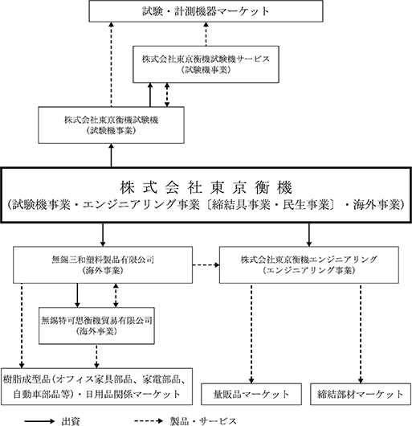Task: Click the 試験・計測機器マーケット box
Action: tap(206, 11)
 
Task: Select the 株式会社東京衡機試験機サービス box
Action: tap(206, 64)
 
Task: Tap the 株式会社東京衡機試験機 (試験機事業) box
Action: tap(111, 125)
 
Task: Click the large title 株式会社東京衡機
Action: tap(206, 187)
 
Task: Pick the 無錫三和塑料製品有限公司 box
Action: tap(103, 265)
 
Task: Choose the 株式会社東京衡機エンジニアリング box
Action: tap(309, 265)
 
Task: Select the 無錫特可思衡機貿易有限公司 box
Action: tap(96, 326)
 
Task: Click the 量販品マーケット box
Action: tap(251, 394)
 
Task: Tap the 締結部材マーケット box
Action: tap(361, 394)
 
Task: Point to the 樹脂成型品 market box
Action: tap(97, 387)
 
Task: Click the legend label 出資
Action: tap(71, 421)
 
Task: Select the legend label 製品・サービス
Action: tap(203, 421)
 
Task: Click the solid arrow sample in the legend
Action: tap(39, 421)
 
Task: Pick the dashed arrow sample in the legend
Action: tap(149, 421)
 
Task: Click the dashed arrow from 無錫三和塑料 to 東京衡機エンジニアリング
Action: tap(206, 265)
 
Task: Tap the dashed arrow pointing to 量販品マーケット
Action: tap(251, 334)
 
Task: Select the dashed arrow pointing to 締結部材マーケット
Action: tap(361, 334)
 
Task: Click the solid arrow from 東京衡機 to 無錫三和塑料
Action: tap(103, 235)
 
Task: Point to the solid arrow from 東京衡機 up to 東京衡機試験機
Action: tap(111, 155)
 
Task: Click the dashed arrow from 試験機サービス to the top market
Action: tap(206, 34)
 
